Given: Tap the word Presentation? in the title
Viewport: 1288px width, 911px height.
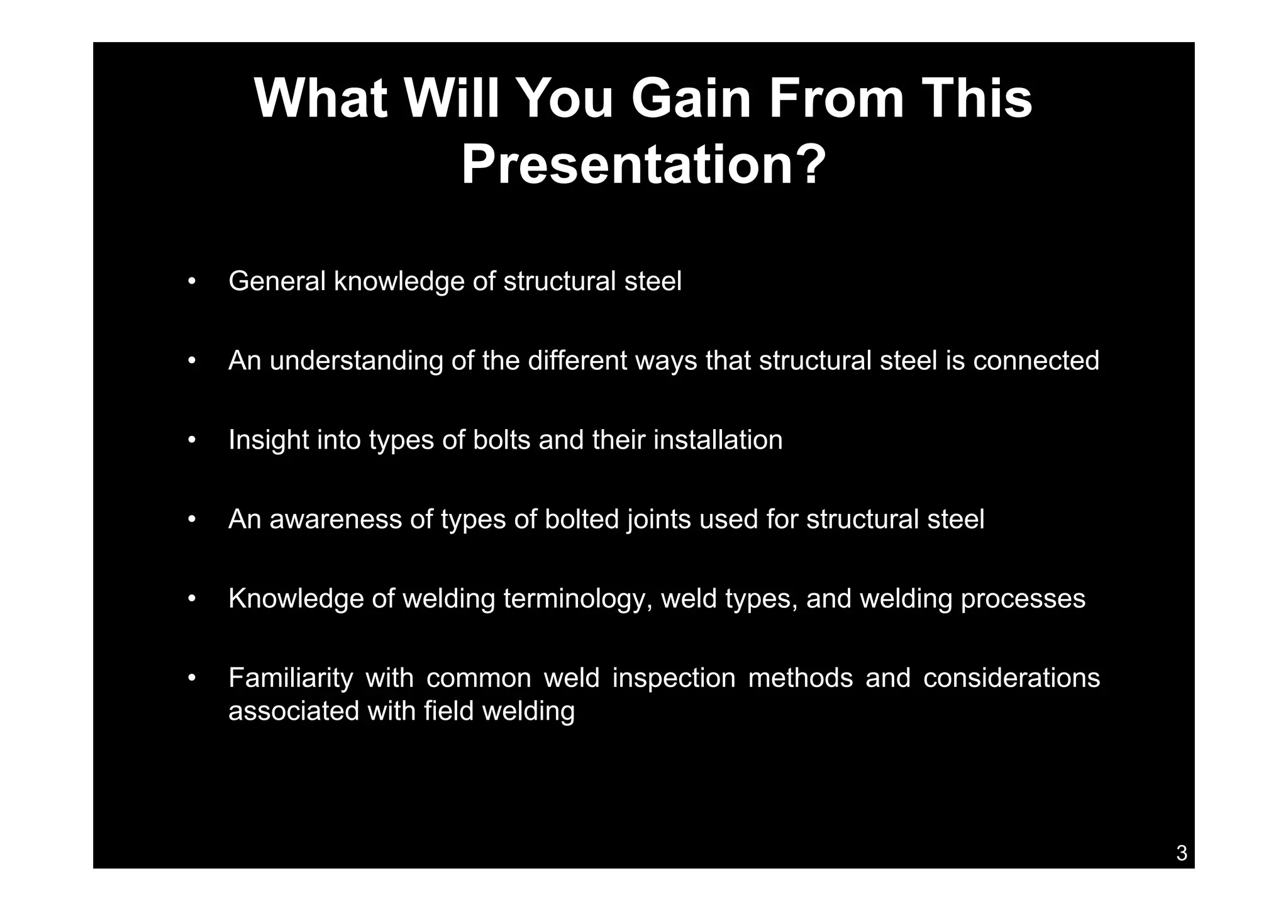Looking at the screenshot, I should tap(643, 165).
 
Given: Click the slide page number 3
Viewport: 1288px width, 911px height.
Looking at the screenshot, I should tap(1181, 853).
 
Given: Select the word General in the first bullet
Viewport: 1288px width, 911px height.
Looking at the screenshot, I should tap(277, 281).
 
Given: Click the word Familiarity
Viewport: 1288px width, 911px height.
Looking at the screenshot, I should tap(290, 678).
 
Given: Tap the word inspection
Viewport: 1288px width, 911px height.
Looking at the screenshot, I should tap(674, 678).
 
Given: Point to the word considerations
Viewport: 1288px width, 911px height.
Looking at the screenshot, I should tap(1011, 678).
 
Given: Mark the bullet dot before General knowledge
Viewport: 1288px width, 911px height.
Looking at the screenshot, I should tap(192, 281).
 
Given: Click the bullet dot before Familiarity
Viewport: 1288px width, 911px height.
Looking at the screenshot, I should tap(192, 678).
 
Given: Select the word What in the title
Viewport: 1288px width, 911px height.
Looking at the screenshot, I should tap(320, 99).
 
